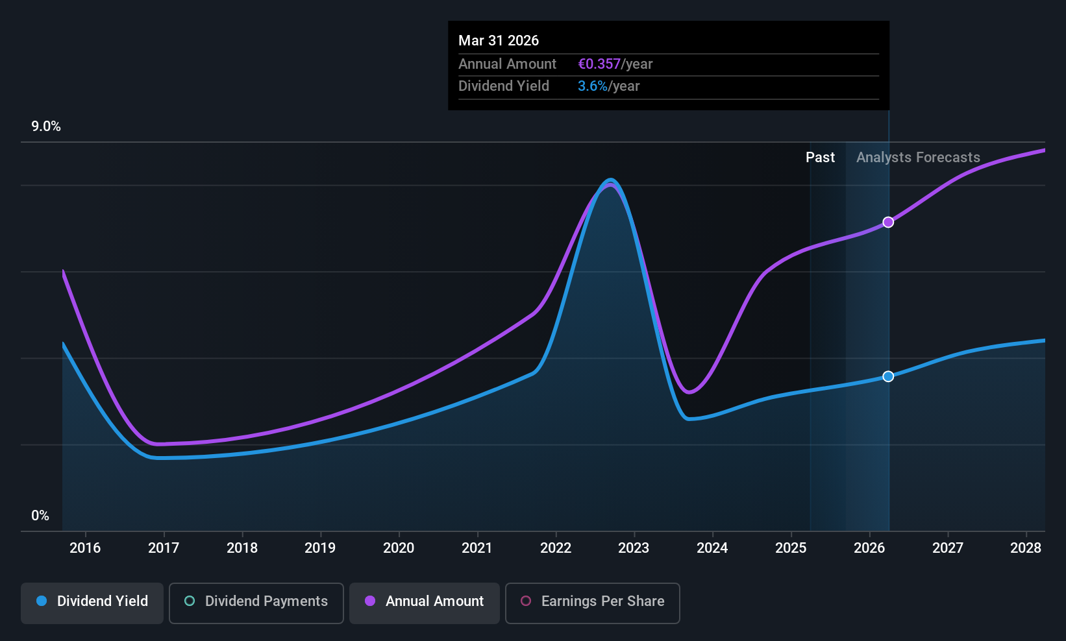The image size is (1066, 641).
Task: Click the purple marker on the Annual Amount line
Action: point(888,223)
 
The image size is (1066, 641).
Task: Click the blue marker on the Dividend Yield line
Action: point(888,376)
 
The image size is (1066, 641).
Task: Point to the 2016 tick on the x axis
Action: point(85,548)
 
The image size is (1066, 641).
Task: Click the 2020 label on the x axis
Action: point(399,548)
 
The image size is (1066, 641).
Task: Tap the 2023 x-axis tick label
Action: point(634,548)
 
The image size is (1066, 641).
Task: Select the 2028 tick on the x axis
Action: point(1026,548)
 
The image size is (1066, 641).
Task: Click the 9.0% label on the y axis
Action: point(46,127)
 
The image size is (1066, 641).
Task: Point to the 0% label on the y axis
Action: point(40,516)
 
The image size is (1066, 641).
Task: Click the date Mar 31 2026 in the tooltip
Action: point(499,40)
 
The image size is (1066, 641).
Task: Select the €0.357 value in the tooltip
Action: point(599,64)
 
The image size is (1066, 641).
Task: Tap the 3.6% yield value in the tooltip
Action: point(593,86)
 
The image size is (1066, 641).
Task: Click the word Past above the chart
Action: point(820,158)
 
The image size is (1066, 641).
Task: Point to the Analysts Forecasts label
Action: point(918,158)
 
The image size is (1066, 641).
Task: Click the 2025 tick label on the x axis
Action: point(791,548)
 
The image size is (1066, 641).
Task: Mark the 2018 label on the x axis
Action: point(242,548)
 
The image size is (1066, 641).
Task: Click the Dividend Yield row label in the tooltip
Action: point(504,86)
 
